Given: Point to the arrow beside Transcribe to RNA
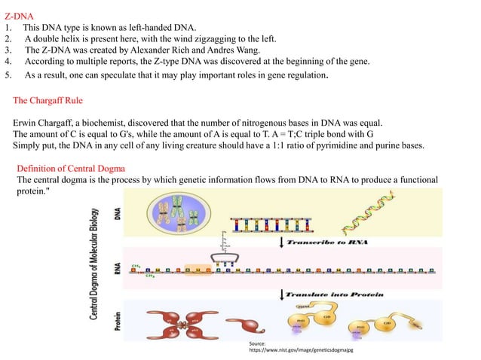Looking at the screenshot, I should click(282, 242).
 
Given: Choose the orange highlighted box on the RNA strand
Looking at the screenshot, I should click(197, 267).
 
